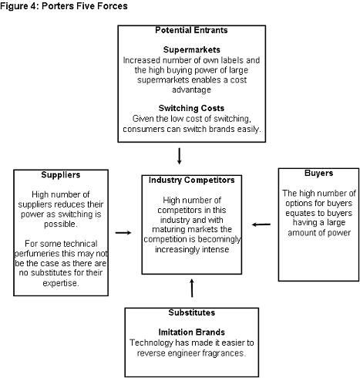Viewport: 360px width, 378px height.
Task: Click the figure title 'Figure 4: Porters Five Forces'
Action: click(64, 6)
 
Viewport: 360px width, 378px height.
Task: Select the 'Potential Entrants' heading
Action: click(191, 30)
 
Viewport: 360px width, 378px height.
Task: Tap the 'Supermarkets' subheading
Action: click(191, 49)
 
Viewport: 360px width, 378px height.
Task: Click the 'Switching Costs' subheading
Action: click(191, 108)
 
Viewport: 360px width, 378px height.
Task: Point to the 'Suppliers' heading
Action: click(61, 175)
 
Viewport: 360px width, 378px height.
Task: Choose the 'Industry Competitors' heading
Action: click(192, 180)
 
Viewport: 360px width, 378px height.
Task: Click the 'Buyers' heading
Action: click(318, 173)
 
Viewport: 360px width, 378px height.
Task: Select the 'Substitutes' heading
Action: click(192, 312)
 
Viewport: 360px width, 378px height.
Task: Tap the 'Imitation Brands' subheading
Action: click(192, 332)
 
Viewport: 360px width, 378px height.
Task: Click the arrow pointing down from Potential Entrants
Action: click(180, 156)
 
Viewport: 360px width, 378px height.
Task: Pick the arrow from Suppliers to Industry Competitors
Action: click(123, 233)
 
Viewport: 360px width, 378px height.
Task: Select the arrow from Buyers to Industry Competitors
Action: click(261, 224)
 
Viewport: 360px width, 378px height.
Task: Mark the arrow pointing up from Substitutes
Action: click(192, 288)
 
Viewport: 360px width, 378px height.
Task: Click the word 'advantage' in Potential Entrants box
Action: click(191, 89)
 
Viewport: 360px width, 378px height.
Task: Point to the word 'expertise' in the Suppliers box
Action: click(60, 283)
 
